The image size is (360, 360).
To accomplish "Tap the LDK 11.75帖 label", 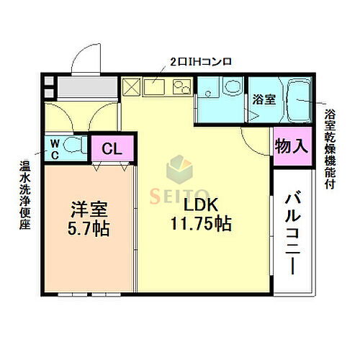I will [x=201, y=215].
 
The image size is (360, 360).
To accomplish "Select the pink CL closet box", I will [x=112, y=150].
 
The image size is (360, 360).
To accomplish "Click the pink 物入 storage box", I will [x=292, y=145].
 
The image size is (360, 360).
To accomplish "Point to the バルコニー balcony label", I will [x=292, y=233].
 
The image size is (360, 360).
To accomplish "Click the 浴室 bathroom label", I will [x=264, y=100].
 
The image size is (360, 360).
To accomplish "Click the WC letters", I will [x=54, y=149].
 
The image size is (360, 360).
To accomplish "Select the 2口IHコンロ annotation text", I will [x=201, y=62].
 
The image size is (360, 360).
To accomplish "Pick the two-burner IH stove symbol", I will [x=181, y=88].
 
